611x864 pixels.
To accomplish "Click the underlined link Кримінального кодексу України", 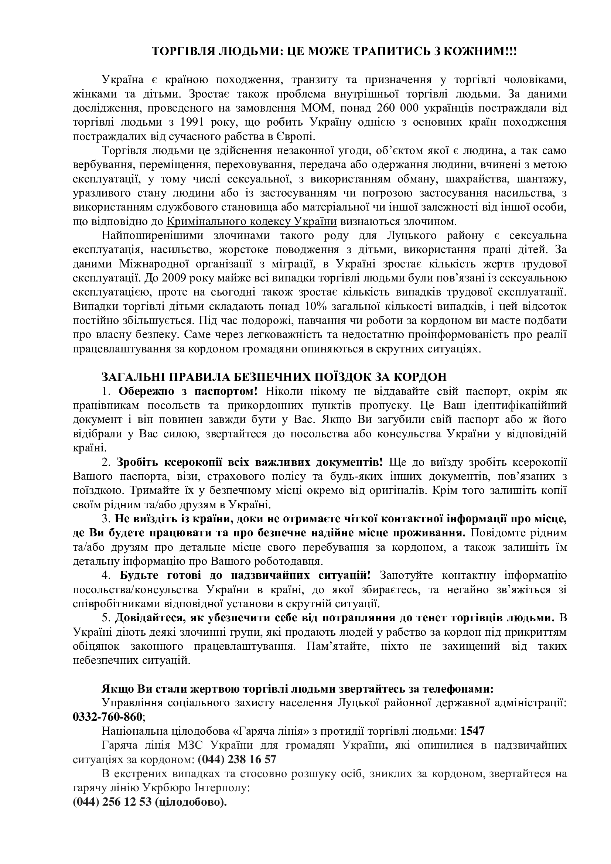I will pyautogui.click(x=251, y=221).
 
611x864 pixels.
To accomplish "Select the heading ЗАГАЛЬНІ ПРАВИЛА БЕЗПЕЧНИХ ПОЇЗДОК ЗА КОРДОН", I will pyautogui.click(x=274, y=377).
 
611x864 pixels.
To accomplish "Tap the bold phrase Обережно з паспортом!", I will pyautogui.click(x=188, y=391).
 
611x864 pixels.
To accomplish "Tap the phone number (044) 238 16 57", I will pyautogui.click(x=237, y=759).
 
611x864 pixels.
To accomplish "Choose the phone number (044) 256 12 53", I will pyautogui.click(x=112, y=802).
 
